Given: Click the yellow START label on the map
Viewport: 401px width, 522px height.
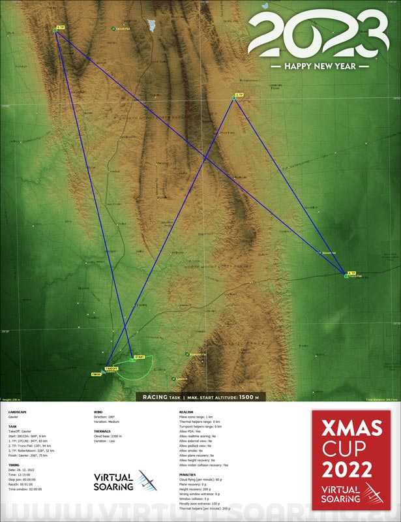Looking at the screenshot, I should (140, 357).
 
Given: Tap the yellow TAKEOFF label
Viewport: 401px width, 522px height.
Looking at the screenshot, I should (111, 368).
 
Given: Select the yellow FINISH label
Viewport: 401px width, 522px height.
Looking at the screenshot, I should (97, 374).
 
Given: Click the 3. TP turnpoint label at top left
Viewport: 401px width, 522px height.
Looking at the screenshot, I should (61, 27).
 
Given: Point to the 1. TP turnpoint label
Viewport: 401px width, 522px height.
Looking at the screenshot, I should (239, 95).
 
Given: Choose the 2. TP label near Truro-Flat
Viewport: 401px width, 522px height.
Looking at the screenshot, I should (351, 273).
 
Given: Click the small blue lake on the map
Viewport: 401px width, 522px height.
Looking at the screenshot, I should (152, 26).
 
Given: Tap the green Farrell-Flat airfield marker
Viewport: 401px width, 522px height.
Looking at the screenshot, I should (113, 29).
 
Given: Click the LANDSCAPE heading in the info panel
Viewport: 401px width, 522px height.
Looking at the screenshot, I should (18, 412).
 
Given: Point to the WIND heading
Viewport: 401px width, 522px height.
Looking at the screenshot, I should (98, 412).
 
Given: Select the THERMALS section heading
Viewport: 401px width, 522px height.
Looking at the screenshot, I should (103, 431).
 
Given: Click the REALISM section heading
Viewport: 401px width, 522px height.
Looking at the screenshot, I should (186, 412).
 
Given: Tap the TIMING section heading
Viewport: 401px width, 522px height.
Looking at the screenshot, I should (16, 465).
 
